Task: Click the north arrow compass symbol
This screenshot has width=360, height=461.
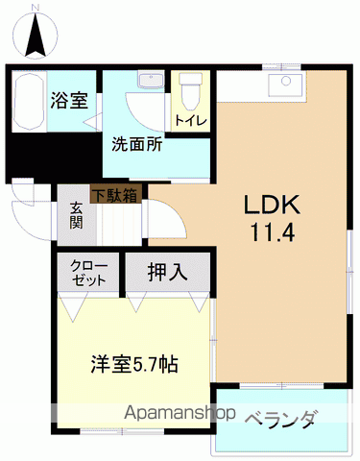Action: (35, 36)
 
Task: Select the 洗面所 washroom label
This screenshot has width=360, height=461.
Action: (136, 146)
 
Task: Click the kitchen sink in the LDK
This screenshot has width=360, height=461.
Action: (285, 85)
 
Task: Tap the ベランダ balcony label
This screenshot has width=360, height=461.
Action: (280, 419)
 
